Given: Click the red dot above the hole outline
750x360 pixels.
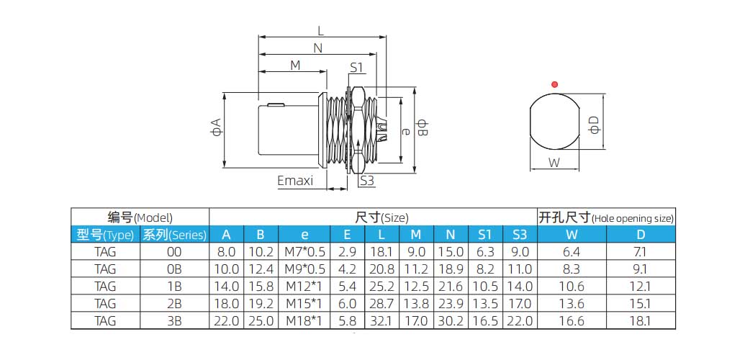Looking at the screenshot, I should click(x=554, y=85).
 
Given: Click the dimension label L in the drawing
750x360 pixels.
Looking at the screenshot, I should click(x=320, y=30).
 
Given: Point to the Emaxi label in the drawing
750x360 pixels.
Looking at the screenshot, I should click(x=295, y=181).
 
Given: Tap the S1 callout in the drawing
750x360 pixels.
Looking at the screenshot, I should click(x=358, y=68).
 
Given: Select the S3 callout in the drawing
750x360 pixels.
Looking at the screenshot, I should click(x=367, y=180).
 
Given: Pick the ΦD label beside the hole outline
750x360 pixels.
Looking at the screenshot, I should click(x=594, y=125).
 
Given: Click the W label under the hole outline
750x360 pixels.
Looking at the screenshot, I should click(x=554, y=163).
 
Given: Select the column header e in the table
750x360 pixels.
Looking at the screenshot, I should click(x=304, y=234).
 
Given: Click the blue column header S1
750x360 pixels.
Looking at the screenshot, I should click(x=484, y=234).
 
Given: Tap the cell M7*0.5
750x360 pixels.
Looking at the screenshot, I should click(x=305, y=252).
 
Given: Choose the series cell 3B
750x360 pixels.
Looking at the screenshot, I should click(x=174, y=321).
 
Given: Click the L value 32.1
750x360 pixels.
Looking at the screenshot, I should click(x=381, y=321).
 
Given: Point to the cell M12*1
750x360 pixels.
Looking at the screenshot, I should click(x=305, y=287).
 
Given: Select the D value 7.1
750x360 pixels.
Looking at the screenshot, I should click(x=641, y=252).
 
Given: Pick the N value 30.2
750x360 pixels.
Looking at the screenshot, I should click(x=451, y=321).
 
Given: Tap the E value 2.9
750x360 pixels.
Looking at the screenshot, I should click(x=348, y=252).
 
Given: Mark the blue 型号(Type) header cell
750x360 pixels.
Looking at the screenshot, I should click(x=105, y=235).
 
